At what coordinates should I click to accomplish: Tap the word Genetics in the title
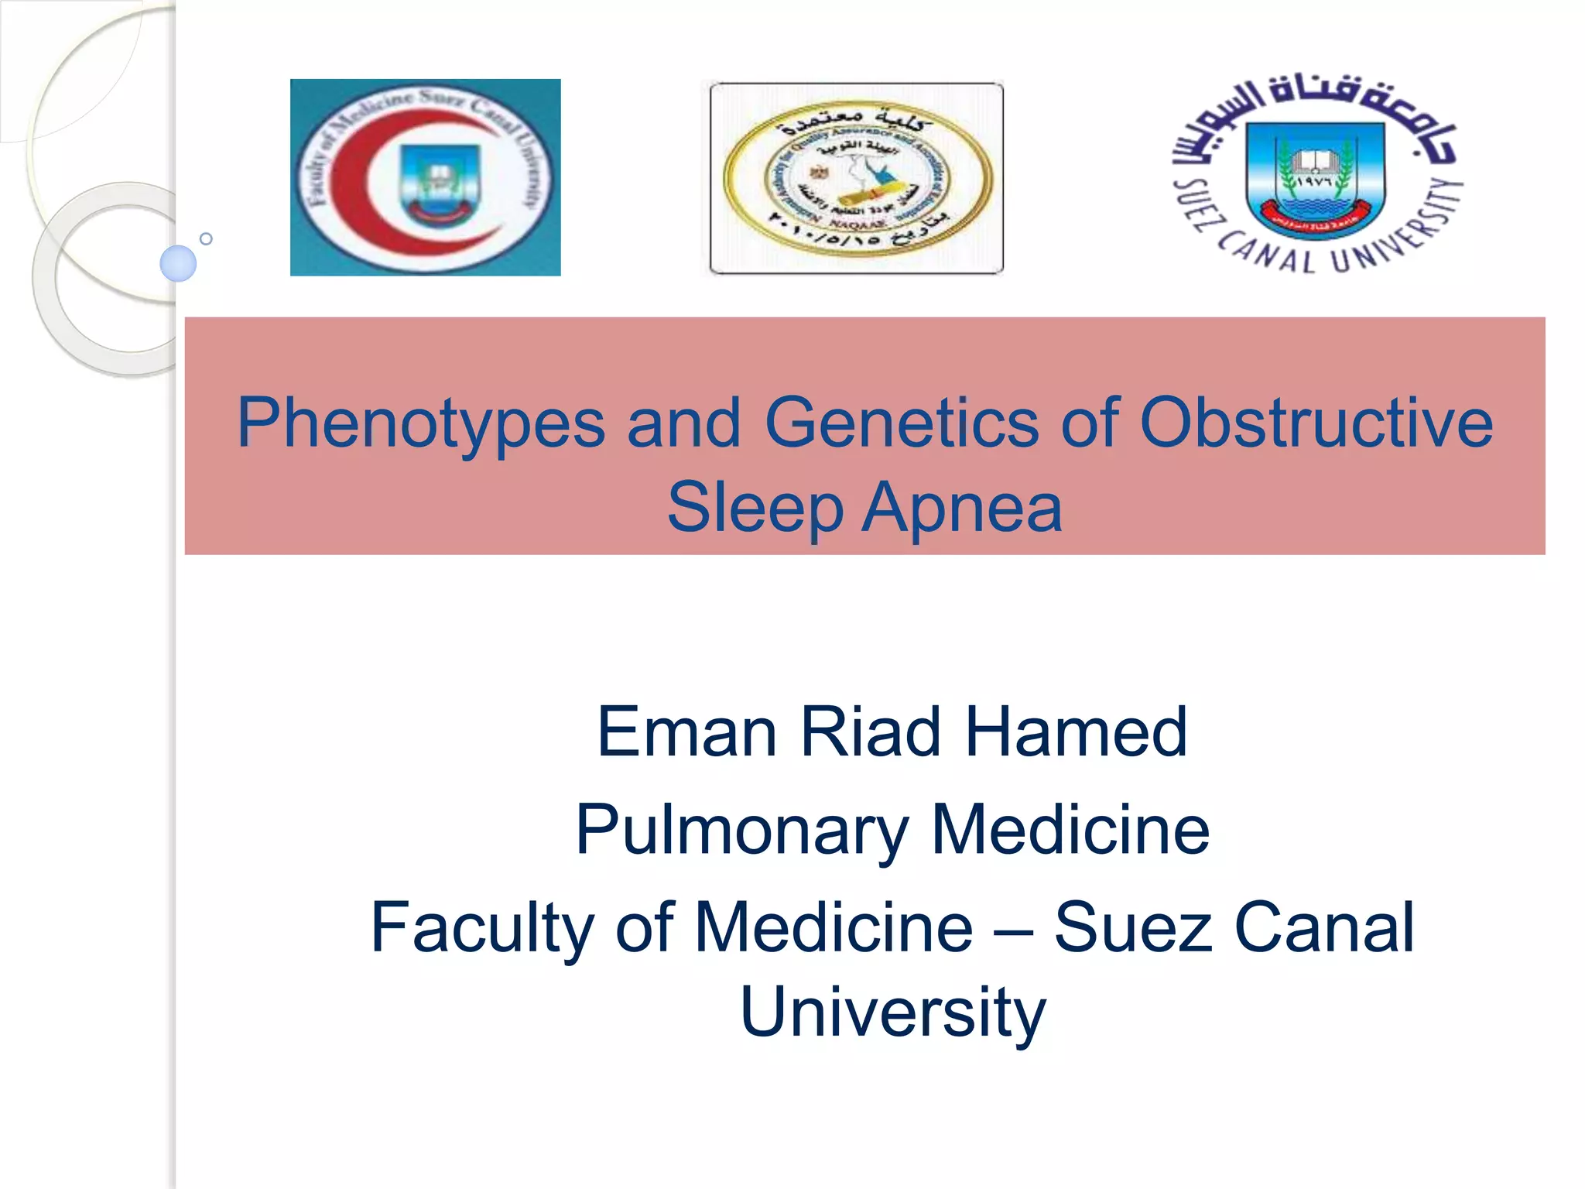[901, 423]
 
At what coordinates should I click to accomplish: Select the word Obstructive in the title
[1316, 423]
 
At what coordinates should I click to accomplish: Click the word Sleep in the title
[755, 508]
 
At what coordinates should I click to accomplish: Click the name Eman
[686, 732]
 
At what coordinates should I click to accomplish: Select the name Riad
[870, 732]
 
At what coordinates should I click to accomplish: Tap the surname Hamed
[1076, 732]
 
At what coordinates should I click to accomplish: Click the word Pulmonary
[741, 830]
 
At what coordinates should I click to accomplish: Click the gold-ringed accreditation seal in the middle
[857, 178]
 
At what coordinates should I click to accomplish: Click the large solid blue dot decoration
[178, 263]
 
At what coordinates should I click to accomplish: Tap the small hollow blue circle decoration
[206, 238]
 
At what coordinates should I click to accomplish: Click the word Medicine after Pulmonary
[1070, 830]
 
